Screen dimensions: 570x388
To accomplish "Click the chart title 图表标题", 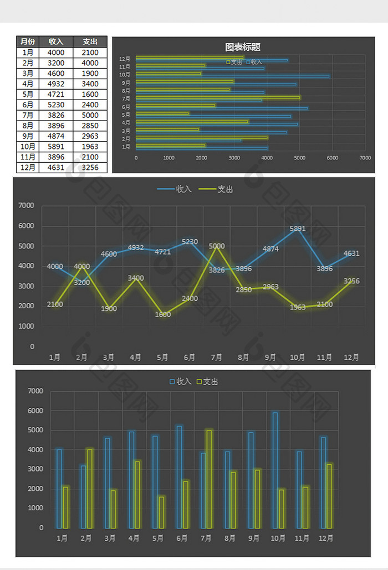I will pyautogui.click(x=243, y=48).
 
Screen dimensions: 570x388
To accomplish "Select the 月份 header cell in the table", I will pyautogui.click(x=28, y=42).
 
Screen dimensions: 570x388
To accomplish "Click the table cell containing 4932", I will pyautogui.click(x=56, y=84).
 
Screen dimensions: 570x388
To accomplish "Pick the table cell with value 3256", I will pyautogui.click(x=90, y=167).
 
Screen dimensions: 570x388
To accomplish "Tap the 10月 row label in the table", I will pyautogui.click(x=28, y=147).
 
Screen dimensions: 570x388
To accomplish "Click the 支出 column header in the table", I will pyautogui.click(x=90, y=42).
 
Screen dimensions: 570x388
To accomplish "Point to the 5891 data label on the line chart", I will pyautogui.click(x=298, y=229).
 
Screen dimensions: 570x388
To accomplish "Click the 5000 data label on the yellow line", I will pyautogui.click(x=217, y=246).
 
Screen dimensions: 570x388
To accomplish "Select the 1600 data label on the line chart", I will pyautogui.click(x=162, y=314).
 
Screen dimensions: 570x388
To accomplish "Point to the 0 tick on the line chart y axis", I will pyautogui.click(x=32, y=346).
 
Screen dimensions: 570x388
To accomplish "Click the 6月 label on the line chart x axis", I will pyautogui.click(x=190, y=357).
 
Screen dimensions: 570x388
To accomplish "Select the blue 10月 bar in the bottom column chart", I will pyautogui.click(x=275, y=470).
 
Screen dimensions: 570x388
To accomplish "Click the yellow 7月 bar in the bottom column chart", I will pyautogui.click(x=209, y=479).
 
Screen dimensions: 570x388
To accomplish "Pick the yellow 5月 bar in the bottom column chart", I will pyautogui.click(x=161, y=512).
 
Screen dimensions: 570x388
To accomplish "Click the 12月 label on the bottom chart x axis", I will pyautogui.click(x=326, y=538).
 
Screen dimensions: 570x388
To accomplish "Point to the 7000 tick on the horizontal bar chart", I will pyautogui.click(x=365, y=158).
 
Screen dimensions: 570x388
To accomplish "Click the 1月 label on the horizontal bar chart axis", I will pyautogui.click(x=126, y=147).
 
